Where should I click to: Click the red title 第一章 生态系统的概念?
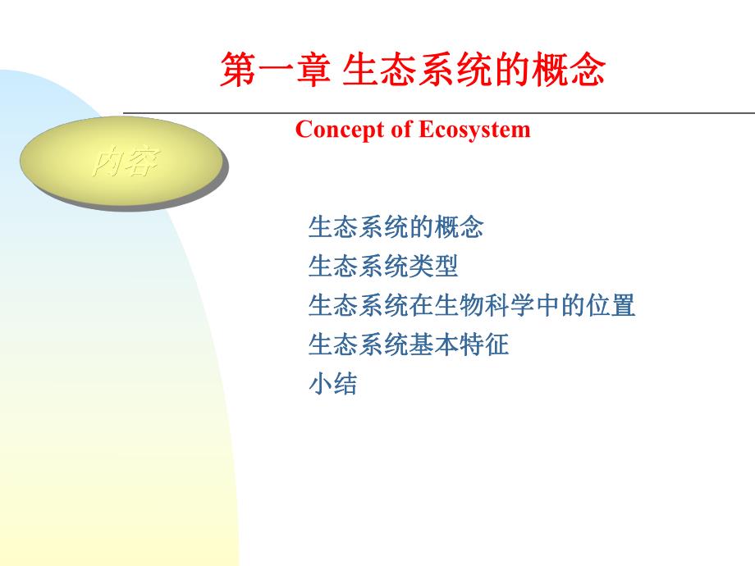coord(413,71)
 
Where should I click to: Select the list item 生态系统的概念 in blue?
coord(396,227)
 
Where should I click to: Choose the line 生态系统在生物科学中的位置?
coord(472,306)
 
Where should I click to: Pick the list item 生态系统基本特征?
coord(409,345)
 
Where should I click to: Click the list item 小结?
coord(333,384)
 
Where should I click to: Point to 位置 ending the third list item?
coord(611,306)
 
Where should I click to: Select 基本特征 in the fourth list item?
coord(459,345)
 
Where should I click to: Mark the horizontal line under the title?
coord(439,112)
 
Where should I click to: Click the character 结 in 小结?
coord(345,384)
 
